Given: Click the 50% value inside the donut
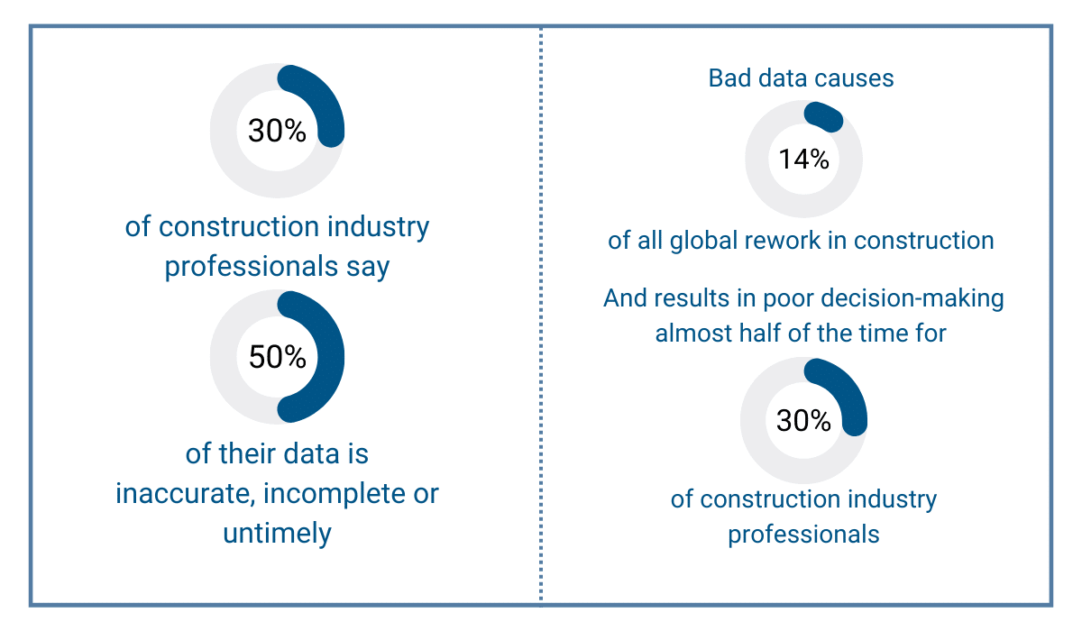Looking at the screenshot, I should (x=278, y=357).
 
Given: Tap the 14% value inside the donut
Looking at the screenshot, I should (x=804, y=160).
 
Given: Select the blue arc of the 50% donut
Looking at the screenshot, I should (x=330, y=356).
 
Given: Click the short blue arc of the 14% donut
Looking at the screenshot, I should (x=823, y=115).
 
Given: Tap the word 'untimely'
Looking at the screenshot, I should (x=278, y=532).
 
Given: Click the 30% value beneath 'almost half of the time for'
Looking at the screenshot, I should (x=803, y=420).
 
